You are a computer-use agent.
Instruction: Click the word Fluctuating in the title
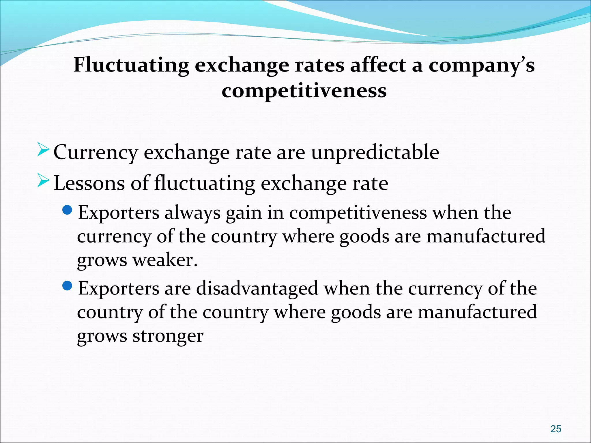point(131,65)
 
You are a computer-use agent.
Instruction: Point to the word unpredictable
point(375,152)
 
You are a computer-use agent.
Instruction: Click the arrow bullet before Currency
point(43,151)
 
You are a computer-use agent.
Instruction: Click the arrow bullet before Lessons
point(43,182)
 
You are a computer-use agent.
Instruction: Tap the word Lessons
point(89,183)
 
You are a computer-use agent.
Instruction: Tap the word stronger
point(168,336)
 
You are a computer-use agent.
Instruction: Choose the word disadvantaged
point(257,289)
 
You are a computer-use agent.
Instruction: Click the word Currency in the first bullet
point(96,153)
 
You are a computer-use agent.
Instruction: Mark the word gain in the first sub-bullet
point(244,214)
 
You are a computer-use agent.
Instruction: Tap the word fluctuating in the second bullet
point(205,183)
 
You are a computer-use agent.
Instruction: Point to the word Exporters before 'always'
point(119,213)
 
